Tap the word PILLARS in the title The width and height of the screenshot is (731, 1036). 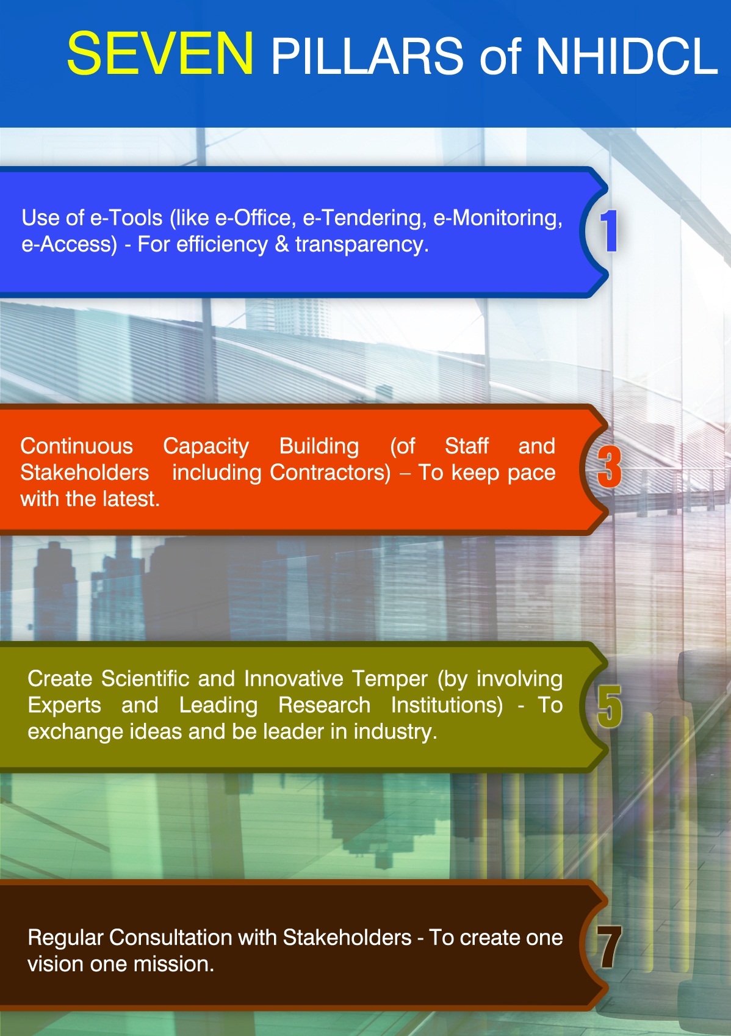click(x=367, y=56)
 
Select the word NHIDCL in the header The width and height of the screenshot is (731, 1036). click(x=627, y=56)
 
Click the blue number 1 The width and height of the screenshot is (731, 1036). click(x=609, y=230)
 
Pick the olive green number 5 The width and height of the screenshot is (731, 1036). click(x=610, y=706)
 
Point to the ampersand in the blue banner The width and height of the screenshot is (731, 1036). click(x=281, y=244)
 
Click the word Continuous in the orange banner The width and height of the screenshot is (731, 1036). click(x=77, y=446)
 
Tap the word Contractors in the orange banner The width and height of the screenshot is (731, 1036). click(x=330, y=473)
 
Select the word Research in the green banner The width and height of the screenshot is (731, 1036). click(x=324, y=705)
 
